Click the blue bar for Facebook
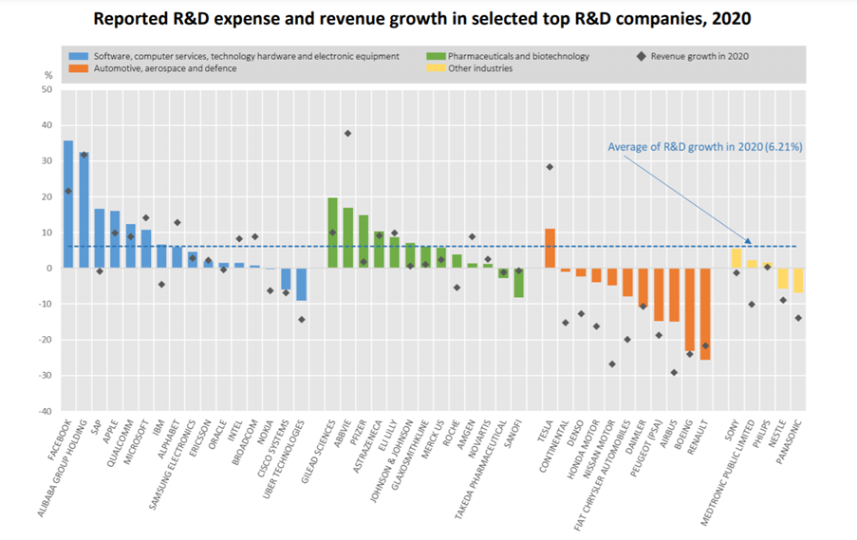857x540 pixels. tap(68, 204)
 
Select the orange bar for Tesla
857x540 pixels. tap(550, 249)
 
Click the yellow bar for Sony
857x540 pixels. tap(736, 258)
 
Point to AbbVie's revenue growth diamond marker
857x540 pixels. tap(347, 133)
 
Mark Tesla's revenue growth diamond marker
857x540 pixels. tap(550, 167)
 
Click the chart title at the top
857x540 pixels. tap(428, 18)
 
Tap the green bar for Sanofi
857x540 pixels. tap(519, 283)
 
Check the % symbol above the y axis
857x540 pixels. tap(47, 74)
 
